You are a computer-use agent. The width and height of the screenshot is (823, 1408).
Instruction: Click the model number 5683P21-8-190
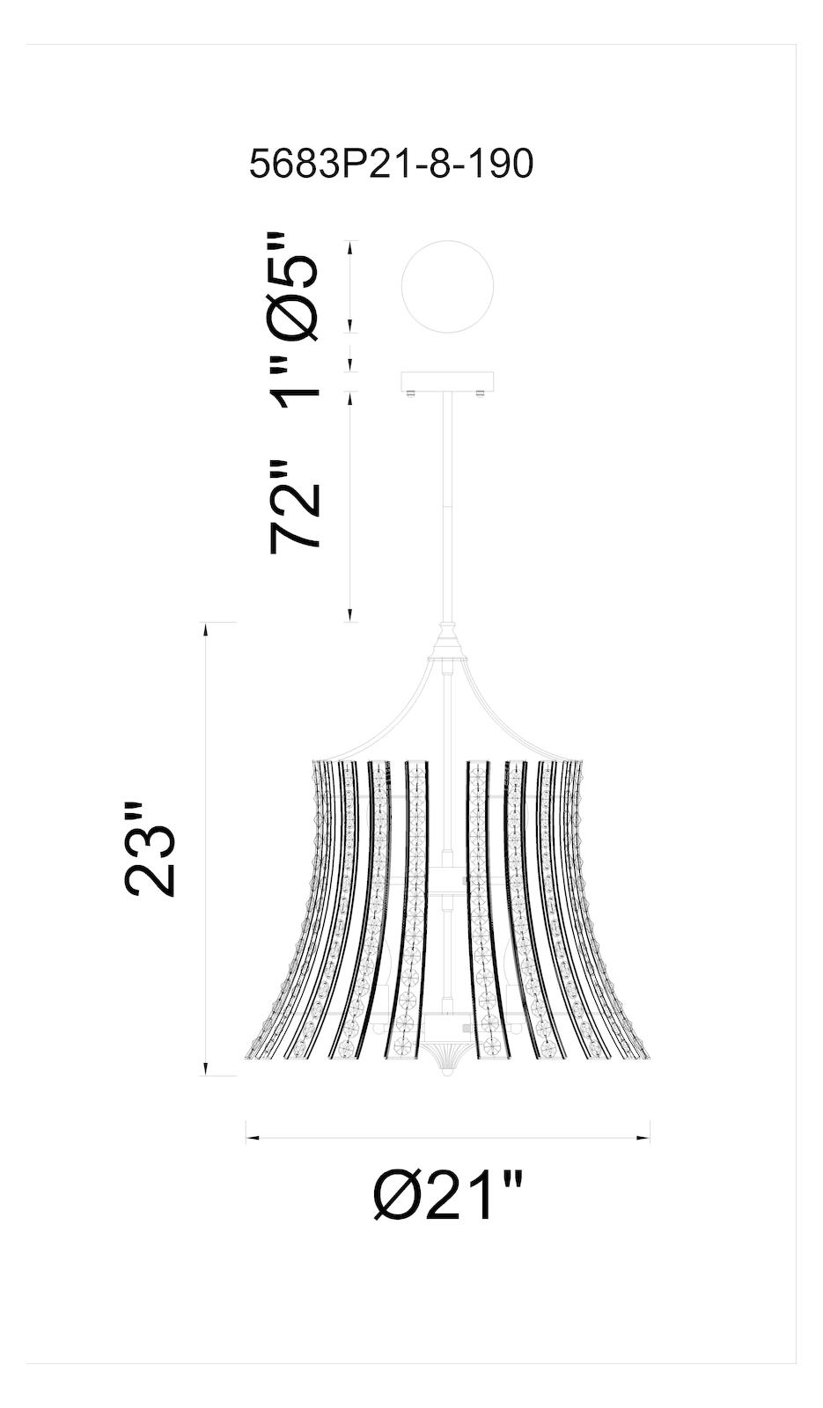point(391,165)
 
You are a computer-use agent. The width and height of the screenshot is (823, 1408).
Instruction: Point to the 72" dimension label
point(294,505)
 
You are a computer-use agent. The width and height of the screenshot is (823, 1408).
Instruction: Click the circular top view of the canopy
point(447,286)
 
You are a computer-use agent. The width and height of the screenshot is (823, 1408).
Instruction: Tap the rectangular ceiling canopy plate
point(447,381)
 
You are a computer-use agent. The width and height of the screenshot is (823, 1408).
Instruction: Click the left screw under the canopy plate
point(411,393)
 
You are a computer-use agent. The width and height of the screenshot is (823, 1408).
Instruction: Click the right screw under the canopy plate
point(482,393)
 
